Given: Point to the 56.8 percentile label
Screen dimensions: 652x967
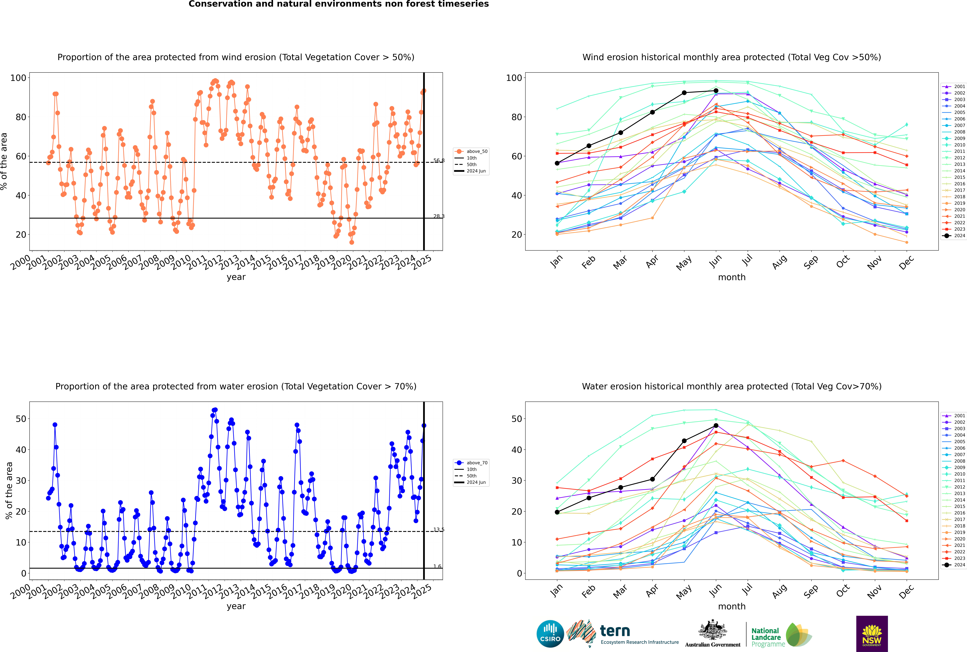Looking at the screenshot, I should coord(439,160).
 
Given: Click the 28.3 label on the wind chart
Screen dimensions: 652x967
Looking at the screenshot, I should coord(439,216).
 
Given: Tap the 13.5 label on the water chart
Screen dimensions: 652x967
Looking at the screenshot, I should coord(439,530).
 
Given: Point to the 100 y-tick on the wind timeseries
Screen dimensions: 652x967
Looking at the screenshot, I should coord(18,78).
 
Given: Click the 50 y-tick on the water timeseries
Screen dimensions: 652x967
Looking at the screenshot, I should coord(21,419).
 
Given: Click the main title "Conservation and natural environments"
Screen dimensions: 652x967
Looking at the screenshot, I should coord(338,4).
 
